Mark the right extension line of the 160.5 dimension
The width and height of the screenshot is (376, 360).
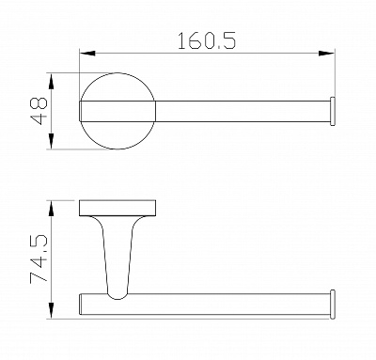(337, 70)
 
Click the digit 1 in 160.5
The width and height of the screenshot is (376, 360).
(180, 41)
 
